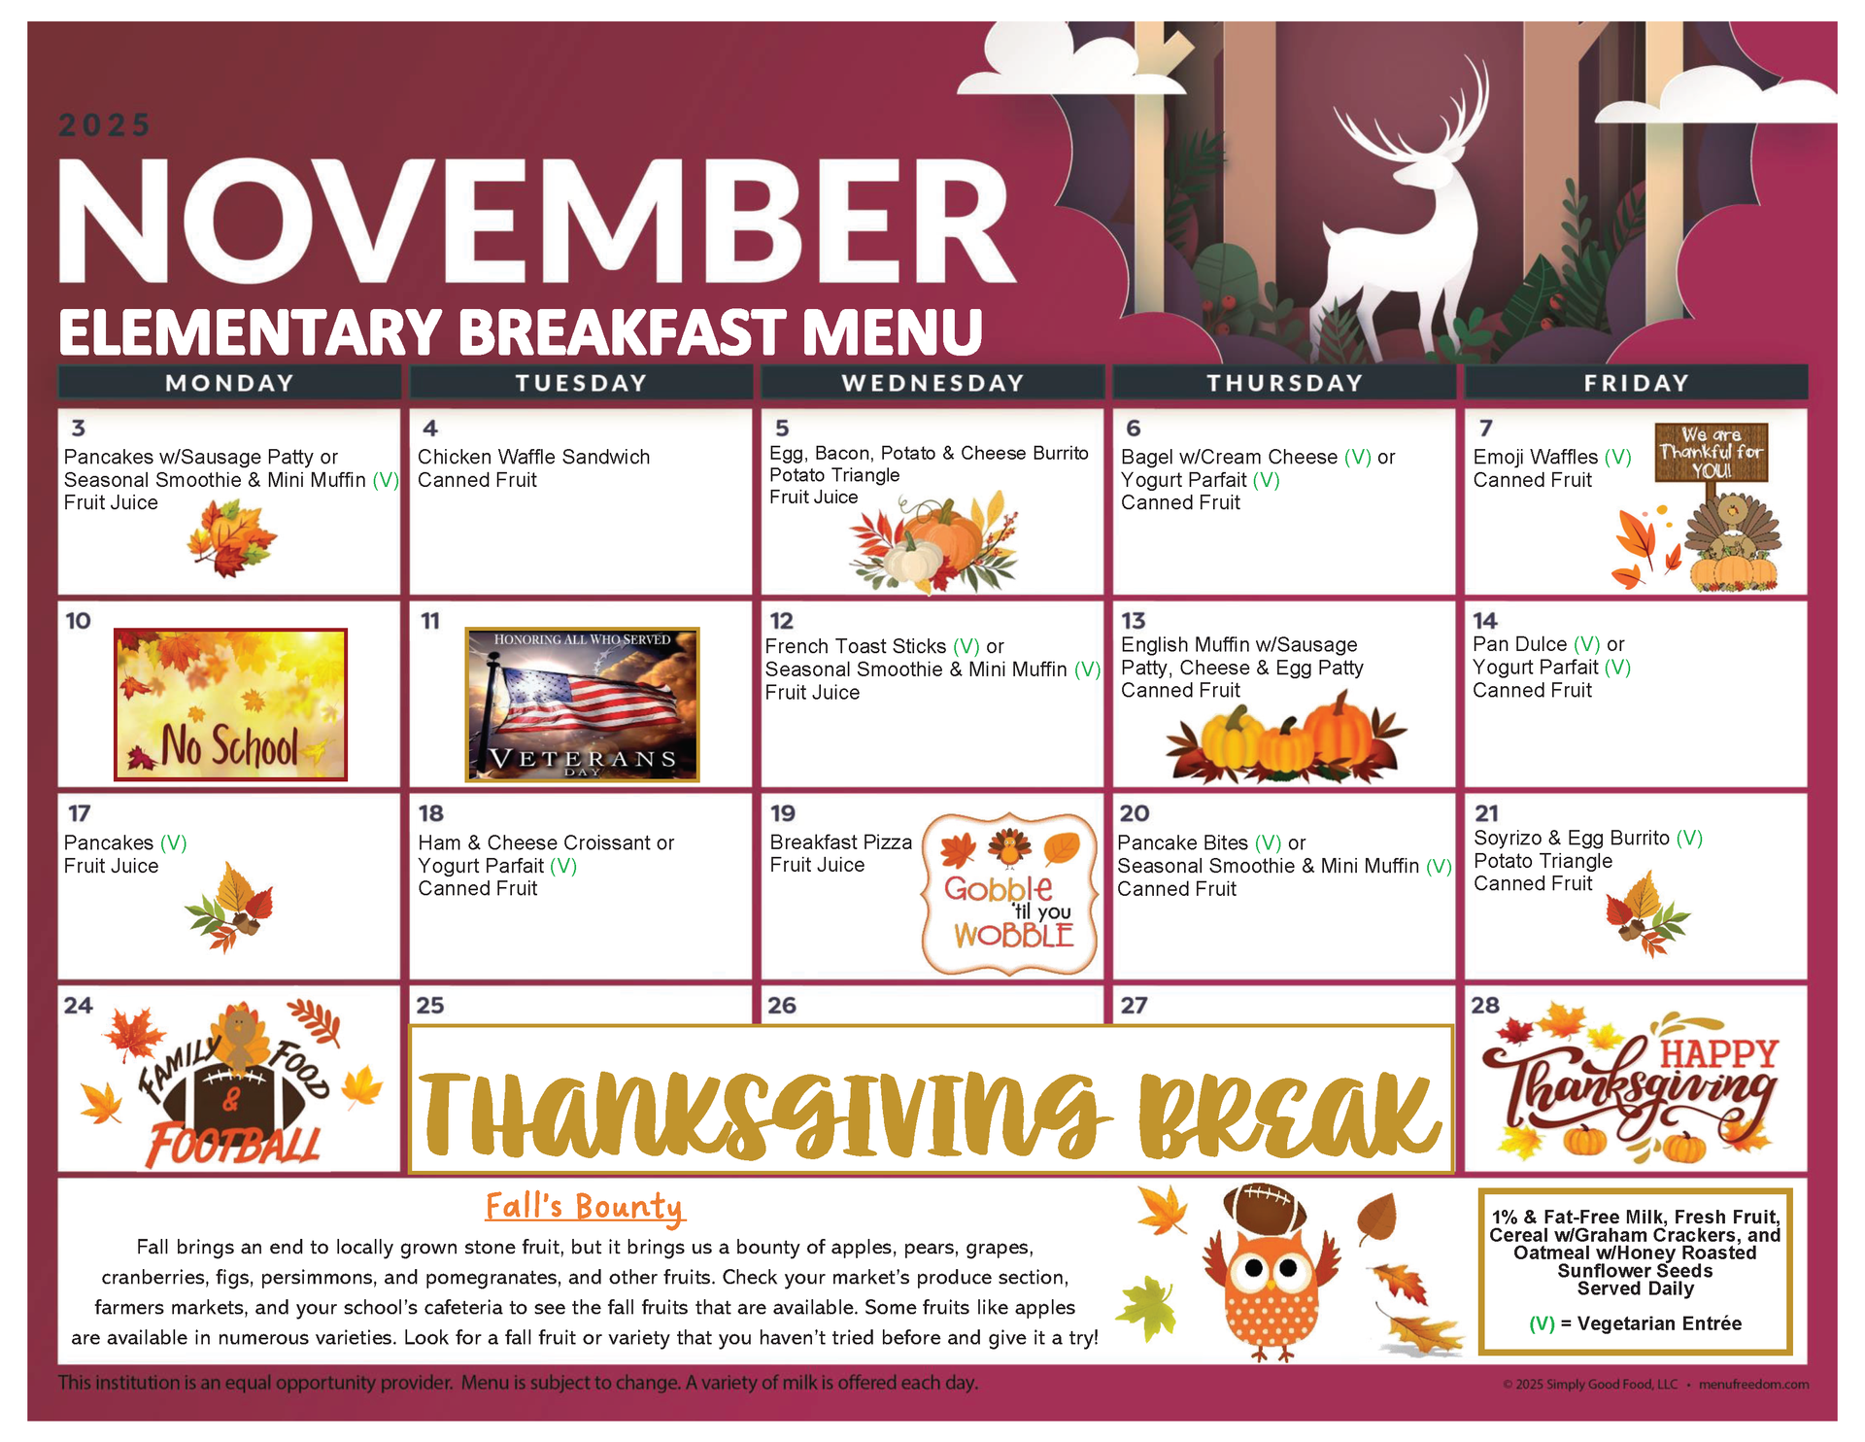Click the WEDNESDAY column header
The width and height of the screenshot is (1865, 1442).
(x=932, y=383)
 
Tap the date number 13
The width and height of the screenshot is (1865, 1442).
(x=1134, y=621)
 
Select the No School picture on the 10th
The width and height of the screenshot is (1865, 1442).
(x=230, y=704)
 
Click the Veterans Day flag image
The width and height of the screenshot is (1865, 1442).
(x=582, y=704)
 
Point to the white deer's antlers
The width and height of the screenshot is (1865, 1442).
(x=1418, y=117)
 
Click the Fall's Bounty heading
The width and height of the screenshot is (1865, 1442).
(x=585, y=1207)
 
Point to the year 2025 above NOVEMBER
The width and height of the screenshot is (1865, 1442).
(x=105, y=125)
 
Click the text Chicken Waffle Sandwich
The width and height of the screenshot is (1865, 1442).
(x=533, y=457)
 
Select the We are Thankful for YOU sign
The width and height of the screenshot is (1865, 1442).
(x=1712, y=452)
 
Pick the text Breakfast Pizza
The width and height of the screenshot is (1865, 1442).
(x=840, y=842)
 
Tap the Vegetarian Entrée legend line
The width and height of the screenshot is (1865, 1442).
(x=1636, y=1323)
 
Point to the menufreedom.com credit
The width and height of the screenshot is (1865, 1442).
(x=1753, y=1385)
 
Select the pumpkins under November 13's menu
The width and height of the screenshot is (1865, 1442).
(x=1286, y=738)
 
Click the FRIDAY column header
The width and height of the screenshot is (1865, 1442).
(x=1636, y=383)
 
